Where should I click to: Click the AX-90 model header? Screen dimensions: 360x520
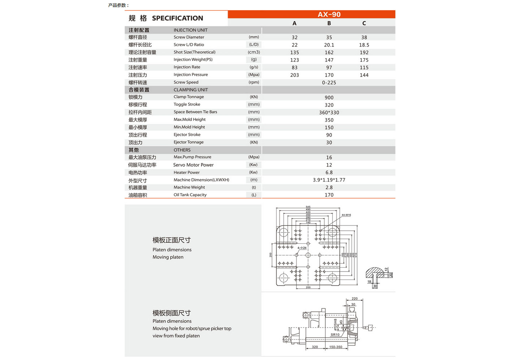(x=329, y=14)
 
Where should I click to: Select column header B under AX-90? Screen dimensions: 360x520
(x=329, y=23)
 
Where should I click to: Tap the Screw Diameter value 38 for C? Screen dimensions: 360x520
(x=364, y=38)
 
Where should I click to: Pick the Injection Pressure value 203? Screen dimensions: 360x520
(x=294, y=75)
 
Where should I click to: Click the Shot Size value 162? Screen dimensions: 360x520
(x=329, y=52)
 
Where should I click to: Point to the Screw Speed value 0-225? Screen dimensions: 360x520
(x=329, y=83)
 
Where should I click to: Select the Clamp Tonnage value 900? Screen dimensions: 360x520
(x=329, y=97)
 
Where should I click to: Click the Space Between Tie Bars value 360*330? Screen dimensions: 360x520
(x=329, y=113)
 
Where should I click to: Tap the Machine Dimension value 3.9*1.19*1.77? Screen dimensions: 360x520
(x=329, y=180)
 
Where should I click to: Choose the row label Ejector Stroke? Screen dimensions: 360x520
(x=187, y=135)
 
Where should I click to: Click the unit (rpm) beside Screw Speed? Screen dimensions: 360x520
(x=254, y=82)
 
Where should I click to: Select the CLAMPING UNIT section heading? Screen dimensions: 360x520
(x=191, y=90)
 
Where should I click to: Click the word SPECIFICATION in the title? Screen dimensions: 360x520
(x=177, y=18)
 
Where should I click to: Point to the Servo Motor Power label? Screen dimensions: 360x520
(x=193, y=165)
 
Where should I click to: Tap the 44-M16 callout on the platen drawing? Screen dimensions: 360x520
(x=346, y=215)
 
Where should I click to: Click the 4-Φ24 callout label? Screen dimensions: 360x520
(x=302, y=248)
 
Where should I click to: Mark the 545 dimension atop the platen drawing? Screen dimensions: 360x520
(x=308, y=207)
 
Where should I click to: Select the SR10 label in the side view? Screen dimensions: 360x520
(x=335, y=335)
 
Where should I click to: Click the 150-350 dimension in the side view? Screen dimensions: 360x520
(x=335, y=347)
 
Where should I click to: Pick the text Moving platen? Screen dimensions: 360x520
(x=168, y=257)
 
